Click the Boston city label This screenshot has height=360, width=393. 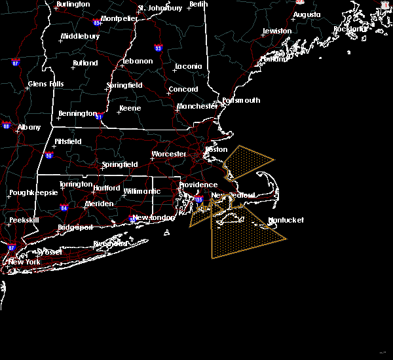click(x=216, y=149)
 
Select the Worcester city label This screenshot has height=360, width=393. click(x=169, y=154)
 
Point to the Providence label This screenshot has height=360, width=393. click(x=198, y=185)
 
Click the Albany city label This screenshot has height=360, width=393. click(x=28, y=128)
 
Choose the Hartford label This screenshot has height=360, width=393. click(x=107, y=189)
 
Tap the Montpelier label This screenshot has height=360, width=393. click(x=119, y=18)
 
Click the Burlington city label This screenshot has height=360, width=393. click(x=73, y=4)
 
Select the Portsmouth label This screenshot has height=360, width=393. click(x=241, y=101)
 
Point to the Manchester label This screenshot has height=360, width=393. click(x=197, y=106)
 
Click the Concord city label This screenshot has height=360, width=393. click(x=183, y=90)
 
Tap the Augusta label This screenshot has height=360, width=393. click(x=307, y=14)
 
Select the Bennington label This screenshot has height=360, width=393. click(x=77, y=114)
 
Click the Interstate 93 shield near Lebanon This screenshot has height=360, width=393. click(x=158, y=48)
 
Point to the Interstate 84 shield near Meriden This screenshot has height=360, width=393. click(x=64, y=207)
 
